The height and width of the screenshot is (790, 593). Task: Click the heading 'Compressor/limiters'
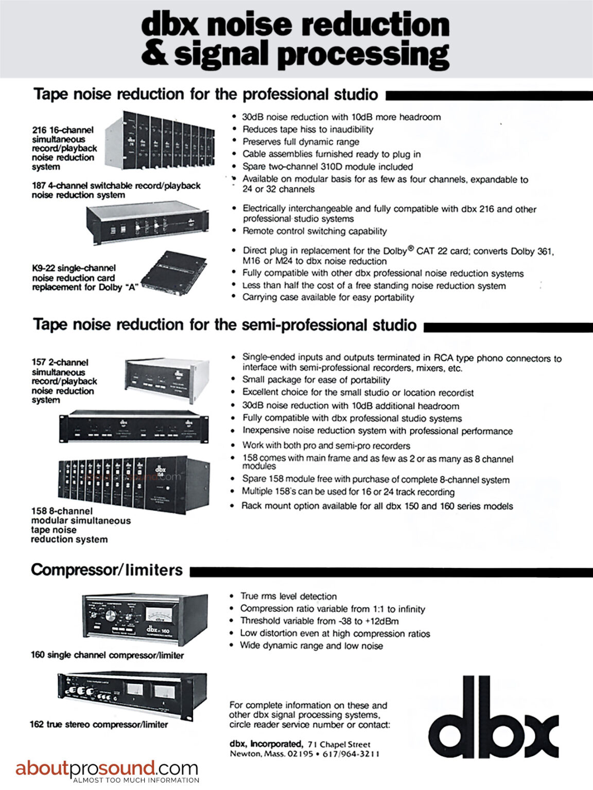107,570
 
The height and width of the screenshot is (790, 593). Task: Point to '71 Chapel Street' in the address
339,744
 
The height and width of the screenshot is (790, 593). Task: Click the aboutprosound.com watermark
107,769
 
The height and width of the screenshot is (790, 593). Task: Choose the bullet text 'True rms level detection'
288,597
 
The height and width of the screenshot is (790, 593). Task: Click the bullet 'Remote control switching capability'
315,231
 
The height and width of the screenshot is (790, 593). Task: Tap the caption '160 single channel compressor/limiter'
107,655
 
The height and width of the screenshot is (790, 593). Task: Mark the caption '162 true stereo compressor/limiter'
99,725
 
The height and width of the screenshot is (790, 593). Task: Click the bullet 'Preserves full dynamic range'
301,142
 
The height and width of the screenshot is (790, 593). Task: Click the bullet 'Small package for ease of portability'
316,380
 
